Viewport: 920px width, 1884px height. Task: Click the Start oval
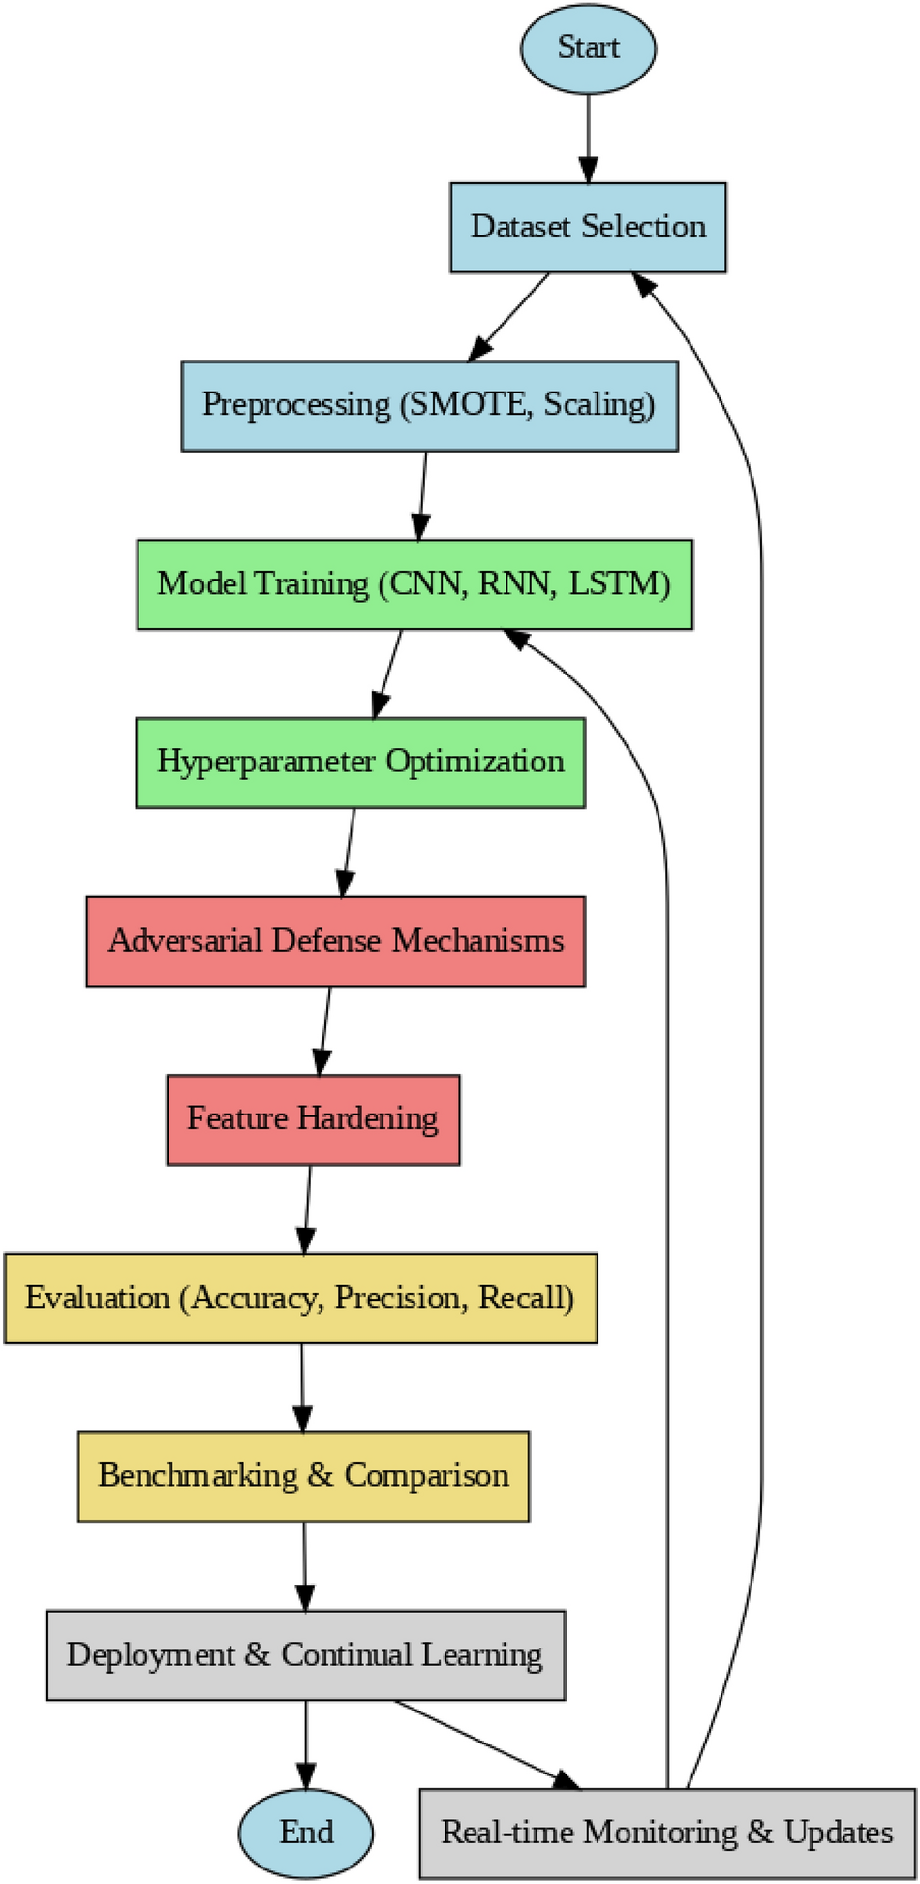[x=588, y=47]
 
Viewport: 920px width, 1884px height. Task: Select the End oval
[x=306, y=1832]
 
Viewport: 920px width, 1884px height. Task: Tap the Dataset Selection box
[x=588, y=227]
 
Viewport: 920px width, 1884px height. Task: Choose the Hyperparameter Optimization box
[x=360, y=762]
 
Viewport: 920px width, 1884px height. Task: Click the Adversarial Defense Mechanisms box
[x=335, y=940]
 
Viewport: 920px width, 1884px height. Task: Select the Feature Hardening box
[x=313, y=1118]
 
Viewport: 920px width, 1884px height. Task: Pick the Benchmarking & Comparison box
[x=303, y=1475]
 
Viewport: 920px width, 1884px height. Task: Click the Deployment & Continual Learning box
[x=305, y=1654]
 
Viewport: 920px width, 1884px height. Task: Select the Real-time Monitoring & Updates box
[x=667, y=1832]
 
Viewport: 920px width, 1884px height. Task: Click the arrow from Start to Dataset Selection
[x=588, y=136]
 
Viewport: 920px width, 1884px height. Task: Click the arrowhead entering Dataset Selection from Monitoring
[x=644, y=283]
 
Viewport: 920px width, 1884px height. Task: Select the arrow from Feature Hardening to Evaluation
[x=308, y=1207]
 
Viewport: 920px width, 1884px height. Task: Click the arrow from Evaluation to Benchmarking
[x=302, y=1386]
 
